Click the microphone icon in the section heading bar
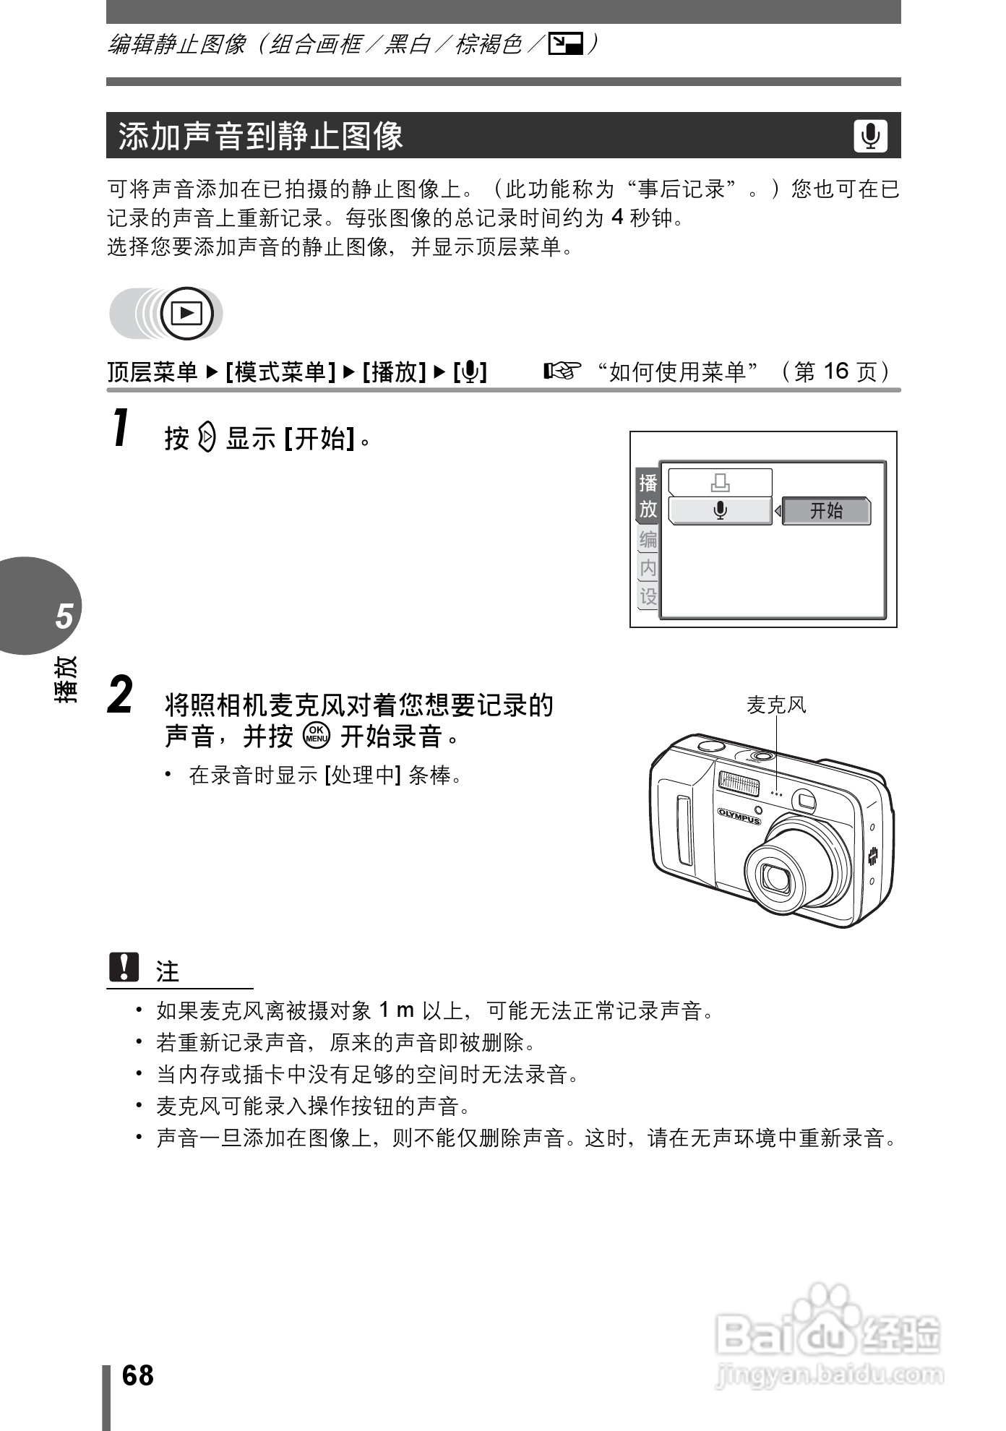(x=870, y=136)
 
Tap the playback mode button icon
(x=187, y=314)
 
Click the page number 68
(x=137, y=1375)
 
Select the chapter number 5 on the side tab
(x=64, y=616)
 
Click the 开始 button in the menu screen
(x=826, y=511)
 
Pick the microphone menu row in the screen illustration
(x=720, y=511)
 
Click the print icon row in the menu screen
(x=720, y=482)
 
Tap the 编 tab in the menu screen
(x=648, y=540)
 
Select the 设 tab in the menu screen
(x=648, y=596)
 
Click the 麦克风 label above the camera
(x=775, y=705)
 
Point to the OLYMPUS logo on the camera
(x=739, y=815)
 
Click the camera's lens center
(x=777, y=878)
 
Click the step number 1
(x=121, y=428)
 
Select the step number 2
(x=121, y=695)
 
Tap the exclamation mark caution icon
(x=124, y=967)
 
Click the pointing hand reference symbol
(x=562, y=371)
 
